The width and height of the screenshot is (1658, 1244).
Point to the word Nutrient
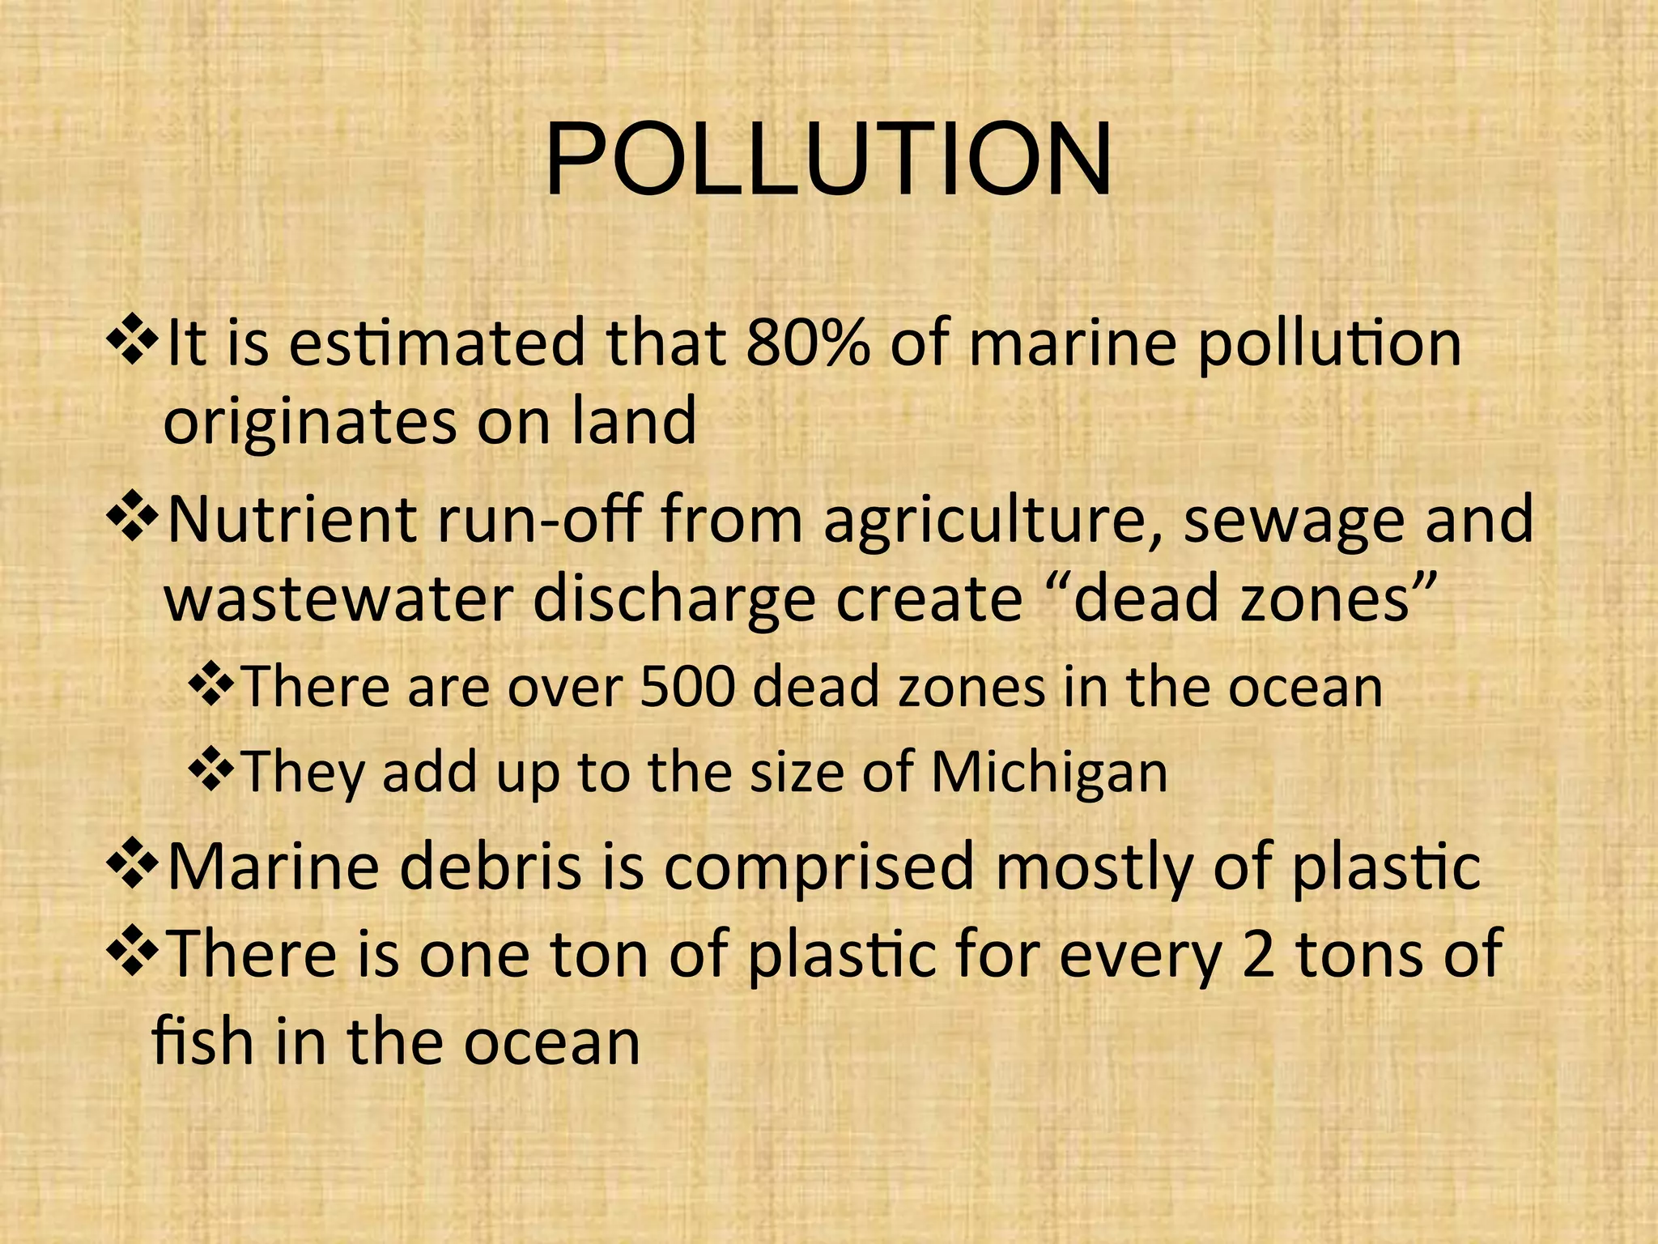[x=291, y=519]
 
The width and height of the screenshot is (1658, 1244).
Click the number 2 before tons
[x=1257, y=954]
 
